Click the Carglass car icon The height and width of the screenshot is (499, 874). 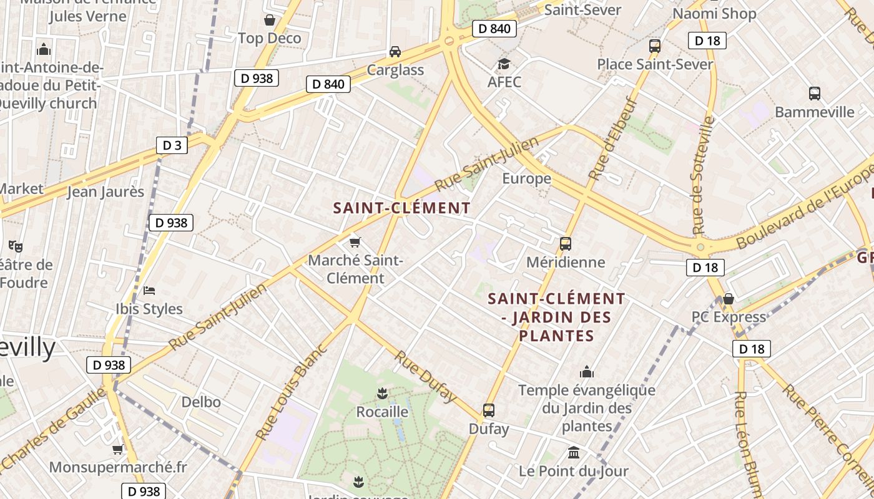coord(395,52)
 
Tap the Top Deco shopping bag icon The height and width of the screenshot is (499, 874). coord(270,21)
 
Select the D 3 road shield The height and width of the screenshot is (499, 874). coord(172,145)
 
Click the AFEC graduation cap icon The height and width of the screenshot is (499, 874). coord(504,64)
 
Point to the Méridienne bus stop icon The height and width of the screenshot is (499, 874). coord(566,244)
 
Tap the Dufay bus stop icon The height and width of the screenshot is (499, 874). coord(489,410)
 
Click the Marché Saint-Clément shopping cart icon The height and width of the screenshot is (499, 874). coord(355,242)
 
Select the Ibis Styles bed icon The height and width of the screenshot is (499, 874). coord(149,291)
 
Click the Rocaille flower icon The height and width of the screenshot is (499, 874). coord(382,394)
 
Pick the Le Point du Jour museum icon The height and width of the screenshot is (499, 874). coord(574,452)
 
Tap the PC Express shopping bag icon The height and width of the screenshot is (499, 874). coord(728,299)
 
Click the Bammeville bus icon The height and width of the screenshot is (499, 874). coord(815,94)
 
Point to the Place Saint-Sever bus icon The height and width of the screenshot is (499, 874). coord(655,46)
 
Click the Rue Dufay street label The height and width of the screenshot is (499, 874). coord(426,377)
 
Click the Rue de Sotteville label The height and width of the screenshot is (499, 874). coord(702,175)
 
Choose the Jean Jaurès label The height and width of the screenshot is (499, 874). coord(106,191)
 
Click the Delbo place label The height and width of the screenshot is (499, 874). coord(201,402)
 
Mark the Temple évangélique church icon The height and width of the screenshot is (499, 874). coord(587,372)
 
